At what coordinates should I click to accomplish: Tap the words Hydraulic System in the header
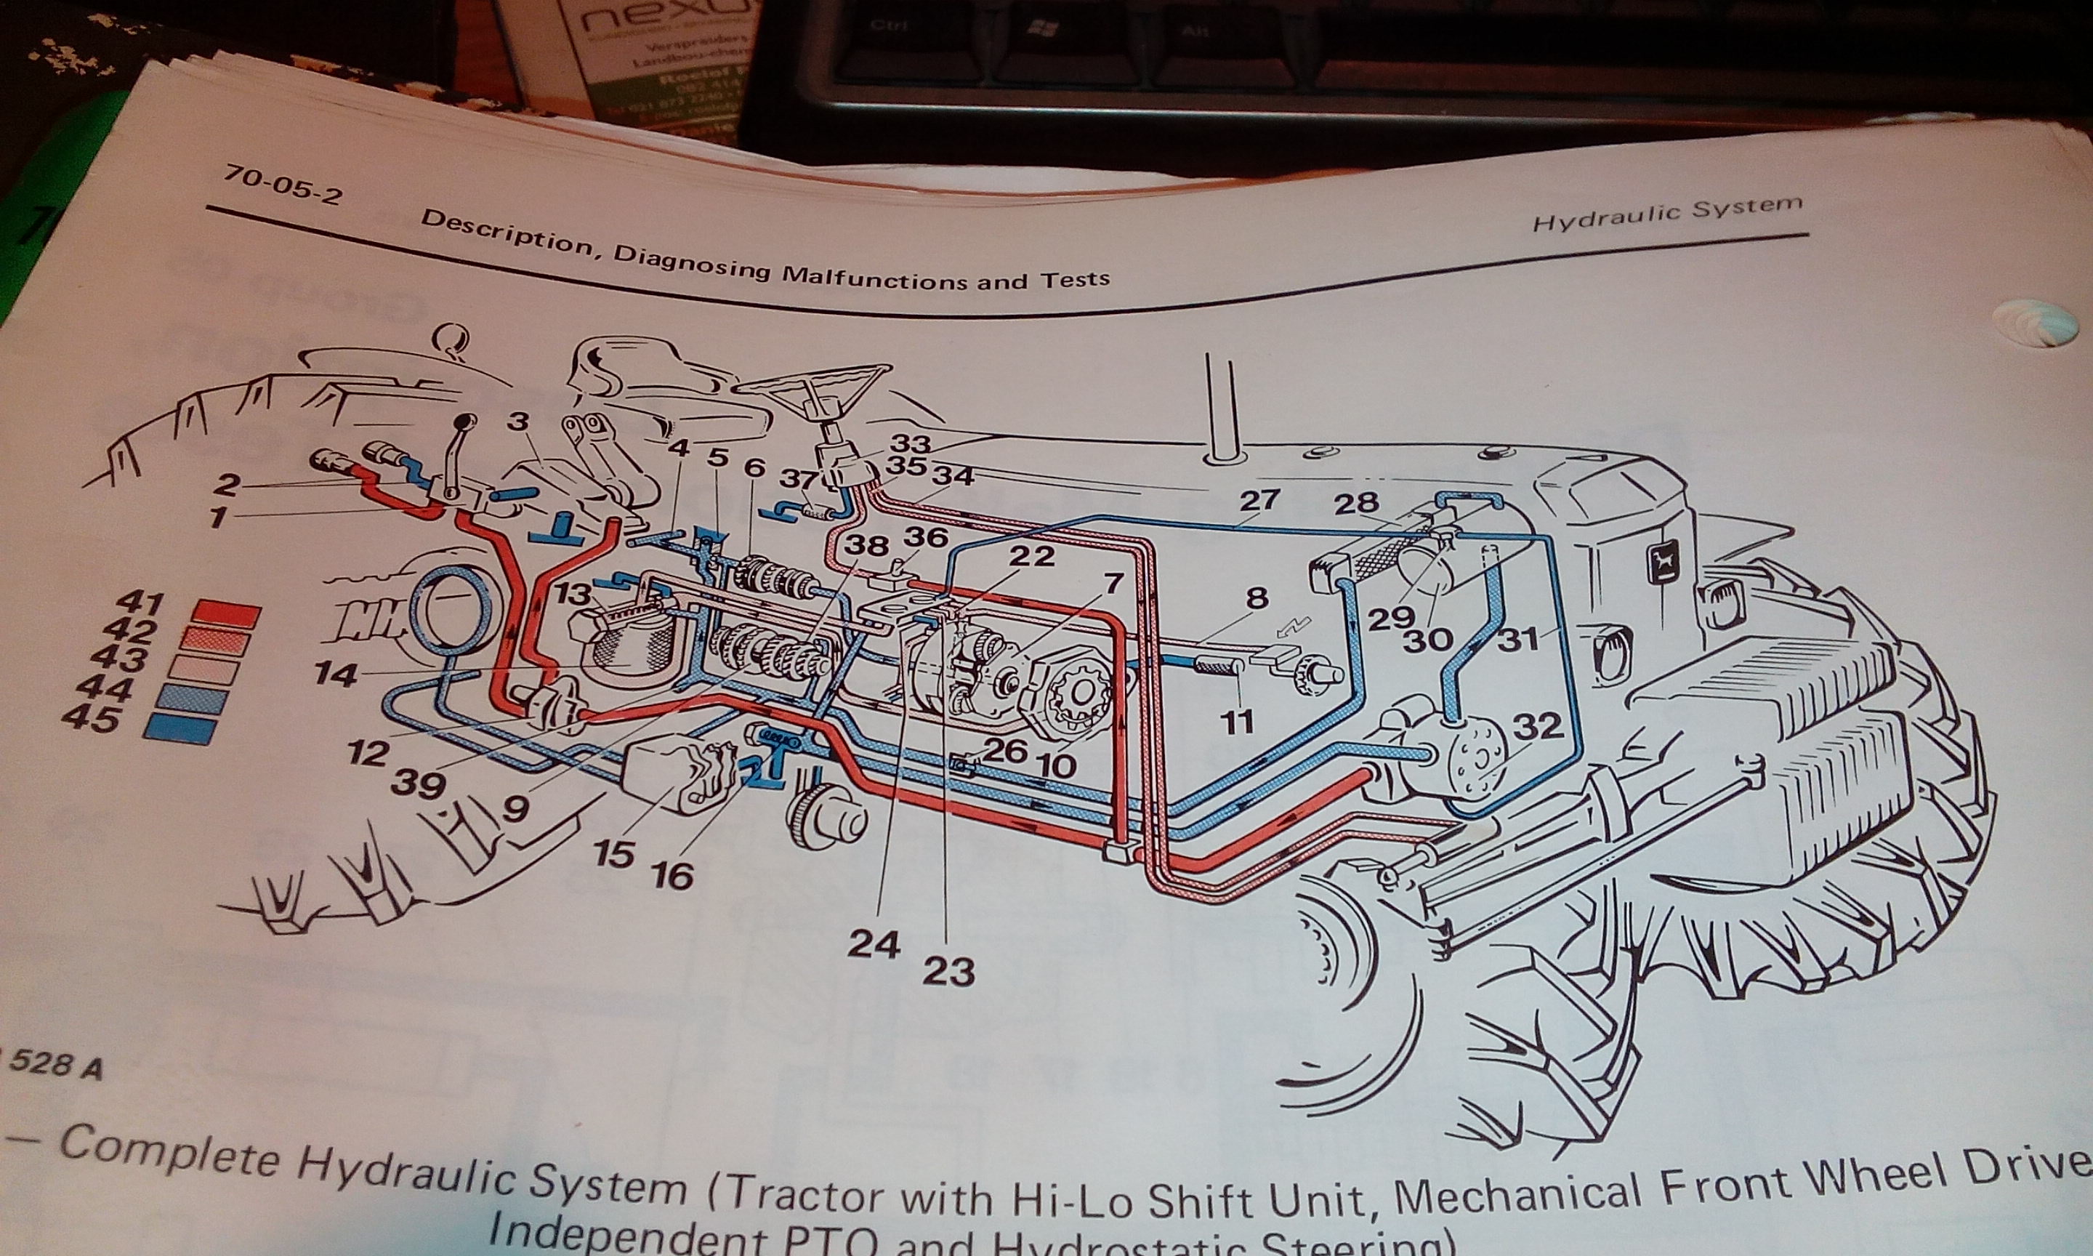1666,214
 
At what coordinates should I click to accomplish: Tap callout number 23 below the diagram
949,972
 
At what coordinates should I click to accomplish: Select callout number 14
336,675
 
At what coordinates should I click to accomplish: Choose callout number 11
1236,721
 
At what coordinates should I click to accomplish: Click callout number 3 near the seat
517,422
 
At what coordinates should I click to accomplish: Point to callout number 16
672,876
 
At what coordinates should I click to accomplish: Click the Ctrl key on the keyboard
887,25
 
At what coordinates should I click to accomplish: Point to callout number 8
1257,598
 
